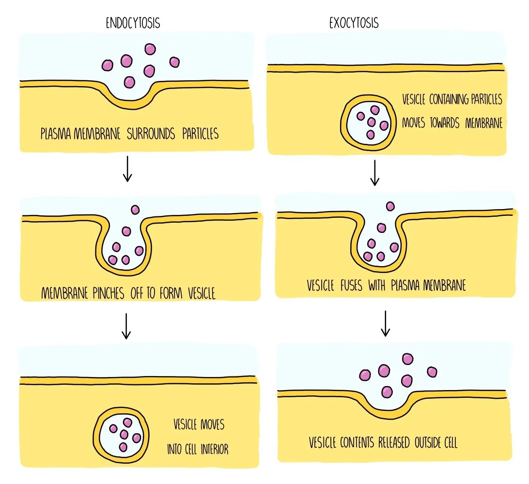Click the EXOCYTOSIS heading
(x=354, y=23)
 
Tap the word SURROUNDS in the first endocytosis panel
(x=151, y=134)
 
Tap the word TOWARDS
(x=442, y=123)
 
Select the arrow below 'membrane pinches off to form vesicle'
(x=126, y=326)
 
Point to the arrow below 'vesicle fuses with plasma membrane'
(x=385, y=323)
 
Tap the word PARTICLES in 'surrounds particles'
(x=200, y=134)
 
